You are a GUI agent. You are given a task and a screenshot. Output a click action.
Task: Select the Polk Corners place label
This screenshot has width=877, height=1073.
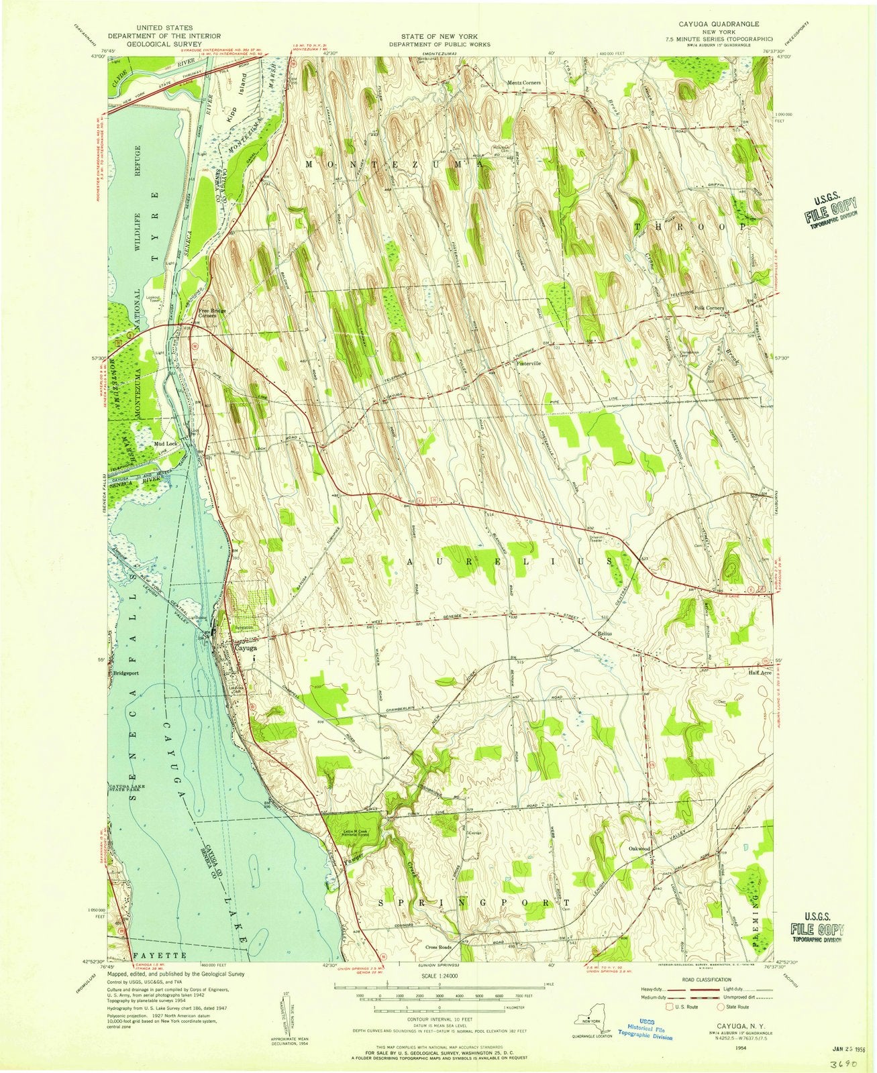709,308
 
